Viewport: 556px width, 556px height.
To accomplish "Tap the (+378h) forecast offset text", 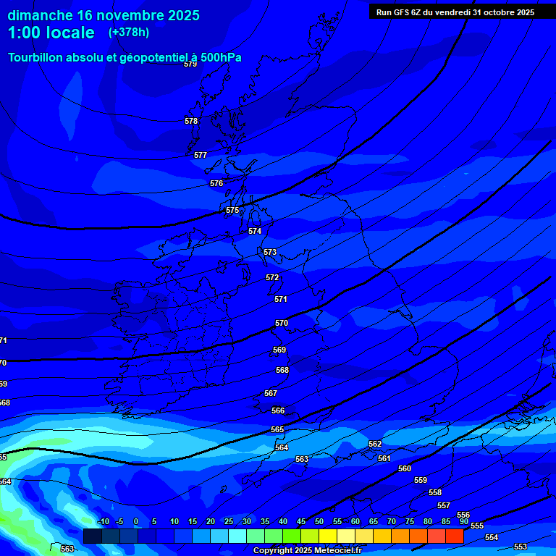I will [128, 32].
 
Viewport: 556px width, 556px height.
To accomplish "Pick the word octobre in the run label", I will [501, 12].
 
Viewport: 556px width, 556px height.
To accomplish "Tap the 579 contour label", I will [190, 64].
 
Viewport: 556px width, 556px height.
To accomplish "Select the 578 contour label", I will [191, 121].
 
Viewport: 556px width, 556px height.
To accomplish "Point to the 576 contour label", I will [216, 183].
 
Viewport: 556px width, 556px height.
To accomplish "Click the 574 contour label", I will [255, 231].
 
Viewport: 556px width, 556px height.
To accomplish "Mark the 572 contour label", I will [272, 277].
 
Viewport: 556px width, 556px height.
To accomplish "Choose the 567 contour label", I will [271, 393].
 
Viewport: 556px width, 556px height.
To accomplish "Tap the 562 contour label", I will [375, 444].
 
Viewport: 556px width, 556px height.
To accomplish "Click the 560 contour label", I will [405, 468].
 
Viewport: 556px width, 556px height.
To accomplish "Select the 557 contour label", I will [444, 505].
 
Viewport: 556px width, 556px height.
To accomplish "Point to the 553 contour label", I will [521, 547].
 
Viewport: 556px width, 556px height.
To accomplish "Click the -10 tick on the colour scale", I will [103, 521].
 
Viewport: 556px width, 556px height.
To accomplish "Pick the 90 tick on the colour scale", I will [463, 521].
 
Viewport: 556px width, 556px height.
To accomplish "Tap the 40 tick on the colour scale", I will [282, 521].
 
